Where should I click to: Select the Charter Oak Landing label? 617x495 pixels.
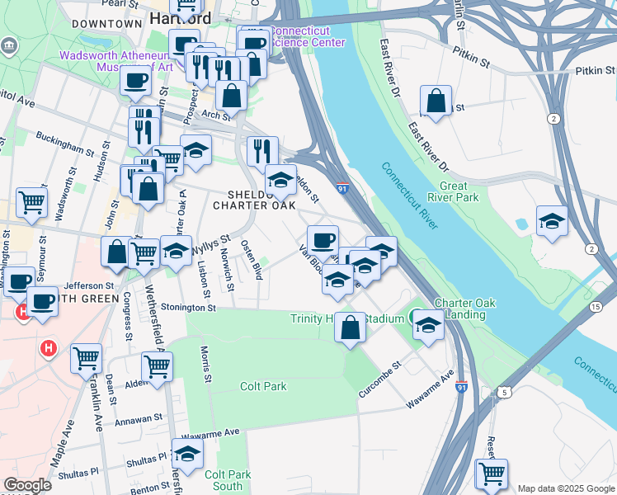(464, 309)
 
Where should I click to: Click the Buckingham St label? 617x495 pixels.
(67, 143)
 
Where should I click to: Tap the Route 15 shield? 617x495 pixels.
(596, 307)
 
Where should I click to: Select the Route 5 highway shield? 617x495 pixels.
(502, 392)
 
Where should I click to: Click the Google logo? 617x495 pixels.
(27, 486)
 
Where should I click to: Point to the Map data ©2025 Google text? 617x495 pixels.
(565, 488)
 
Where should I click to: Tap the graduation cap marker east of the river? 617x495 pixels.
(552, 222)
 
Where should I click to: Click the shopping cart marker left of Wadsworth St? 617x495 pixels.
(31, 202)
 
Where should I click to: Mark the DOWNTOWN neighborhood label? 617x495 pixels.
(107, 24)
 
